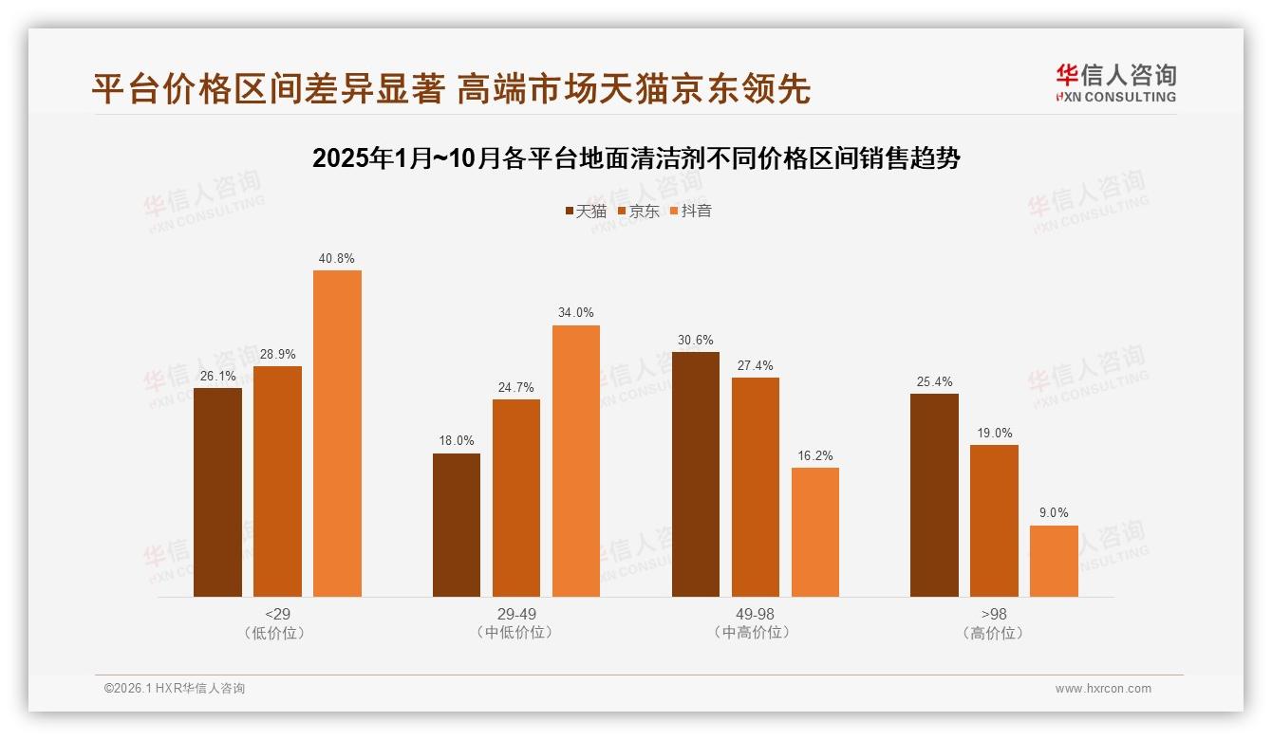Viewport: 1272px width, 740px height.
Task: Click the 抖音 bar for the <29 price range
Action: [337, 433]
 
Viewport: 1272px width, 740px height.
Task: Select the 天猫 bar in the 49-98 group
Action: [696, 473]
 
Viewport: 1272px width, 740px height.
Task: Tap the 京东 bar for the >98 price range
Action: [994, 520]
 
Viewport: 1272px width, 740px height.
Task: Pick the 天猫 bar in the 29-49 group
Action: [457, 525]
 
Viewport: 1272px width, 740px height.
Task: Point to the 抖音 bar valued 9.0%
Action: [1054, 561]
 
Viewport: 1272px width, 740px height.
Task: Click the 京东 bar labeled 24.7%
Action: [516, 497]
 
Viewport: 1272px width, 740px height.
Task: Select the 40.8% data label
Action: [337, 258]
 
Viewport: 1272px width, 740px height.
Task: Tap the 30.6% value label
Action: [696, 340]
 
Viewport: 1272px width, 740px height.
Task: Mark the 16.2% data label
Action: [815, 455]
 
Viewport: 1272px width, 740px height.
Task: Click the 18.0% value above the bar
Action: [457, 441]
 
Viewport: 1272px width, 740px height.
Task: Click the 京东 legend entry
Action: [638, 211]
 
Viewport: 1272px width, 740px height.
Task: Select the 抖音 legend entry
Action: [690, 211]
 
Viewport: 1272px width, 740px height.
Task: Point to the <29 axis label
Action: [278, 614]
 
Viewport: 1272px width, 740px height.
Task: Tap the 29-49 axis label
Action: [516, 614]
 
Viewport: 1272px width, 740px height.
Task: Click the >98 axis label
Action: [994, 614]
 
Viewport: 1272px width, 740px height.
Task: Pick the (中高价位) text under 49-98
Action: [756, 633]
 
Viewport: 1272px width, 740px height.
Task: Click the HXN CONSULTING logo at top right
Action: [1115, 83]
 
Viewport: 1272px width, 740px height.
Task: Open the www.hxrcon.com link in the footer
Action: [1103, 689]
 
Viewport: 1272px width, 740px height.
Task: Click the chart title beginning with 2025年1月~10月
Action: [636, 158]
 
